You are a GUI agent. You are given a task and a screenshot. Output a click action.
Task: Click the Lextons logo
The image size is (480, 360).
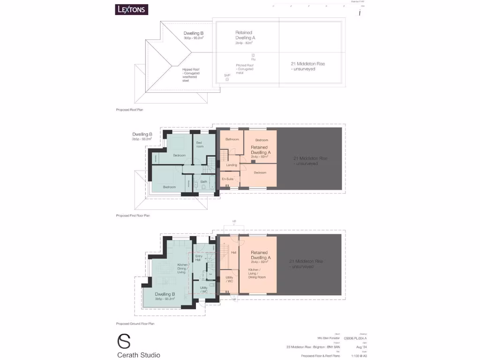coord(132,9)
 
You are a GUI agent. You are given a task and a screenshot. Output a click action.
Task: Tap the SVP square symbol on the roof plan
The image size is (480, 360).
coord(227,79)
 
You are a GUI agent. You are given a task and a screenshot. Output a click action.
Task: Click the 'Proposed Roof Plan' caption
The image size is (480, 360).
coord(129,109)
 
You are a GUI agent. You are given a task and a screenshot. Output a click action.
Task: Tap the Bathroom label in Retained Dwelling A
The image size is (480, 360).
coord(232,139)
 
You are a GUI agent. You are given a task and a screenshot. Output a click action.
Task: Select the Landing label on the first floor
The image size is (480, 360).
coord(232,165)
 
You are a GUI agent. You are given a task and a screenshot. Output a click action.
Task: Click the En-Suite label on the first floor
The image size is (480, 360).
coord(228,179)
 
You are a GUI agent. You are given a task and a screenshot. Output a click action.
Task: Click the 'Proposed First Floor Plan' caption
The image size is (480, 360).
coord(133,216)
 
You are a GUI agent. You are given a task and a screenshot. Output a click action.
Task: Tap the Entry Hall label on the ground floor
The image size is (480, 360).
coord(199,258)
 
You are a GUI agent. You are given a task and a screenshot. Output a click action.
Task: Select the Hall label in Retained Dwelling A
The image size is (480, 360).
coord(233,253)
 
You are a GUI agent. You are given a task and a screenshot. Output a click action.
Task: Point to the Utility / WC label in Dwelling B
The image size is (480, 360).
coord(203,290)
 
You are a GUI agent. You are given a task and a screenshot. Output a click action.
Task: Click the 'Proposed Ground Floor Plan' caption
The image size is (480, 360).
coord(135,323)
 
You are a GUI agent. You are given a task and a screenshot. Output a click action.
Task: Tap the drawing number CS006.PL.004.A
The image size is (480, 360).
coord(355,337)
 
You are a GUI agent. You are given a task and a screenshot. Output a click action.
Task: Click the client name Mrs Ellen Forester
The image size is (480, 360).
coord(329,337)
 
